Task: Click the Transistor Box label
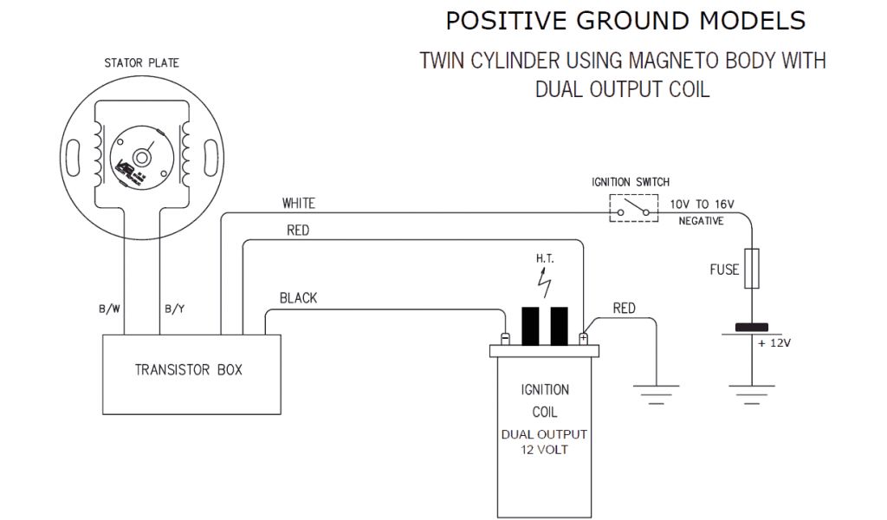[x=189, y=369]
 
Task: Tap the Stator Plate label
[x=142, y=63]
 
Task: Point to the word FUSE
[x=724, y=270]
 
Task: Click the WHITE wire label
[x=298, y=204]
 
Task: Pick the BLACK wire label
[x=298, y=298]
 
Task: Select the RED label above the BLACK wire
[x=297, y=231]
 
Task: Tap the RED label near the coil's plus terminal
[x=624, y=308]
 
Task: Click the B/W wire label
[x=109, y=309]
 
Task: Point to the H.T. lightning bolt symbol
[x=544, y=281]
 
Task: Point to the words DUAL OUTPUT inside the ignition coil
[x=544, y=434]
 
